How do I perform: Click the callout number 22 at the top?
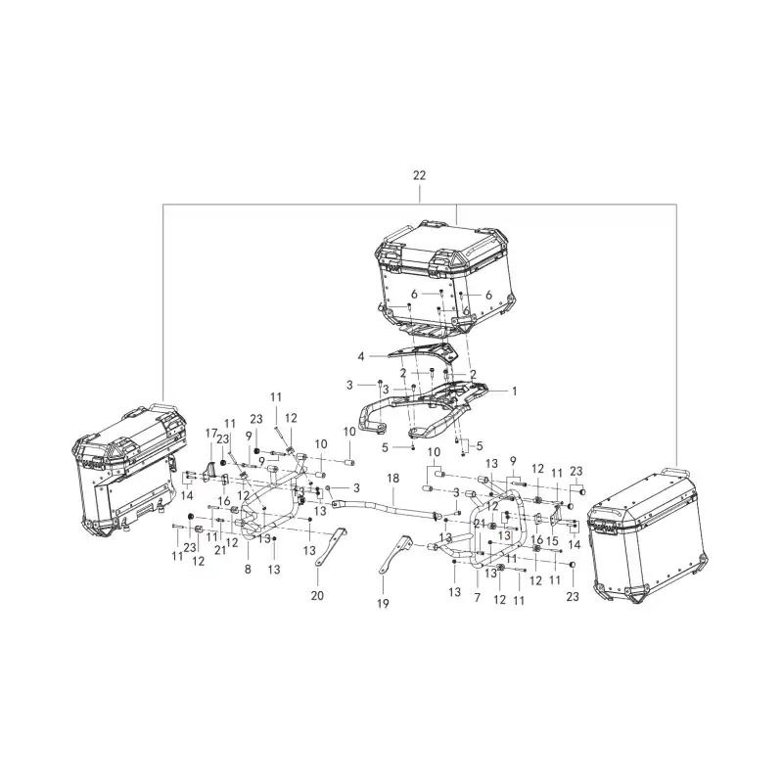(419, 175)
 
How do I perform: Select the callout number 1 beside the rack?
(515, 391)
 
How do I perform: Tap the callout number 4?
(361, 356)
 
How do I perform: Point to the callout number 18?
(393, 478)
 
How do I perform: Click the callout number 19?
(383, 604)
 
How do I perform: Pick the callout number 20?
(317, 595)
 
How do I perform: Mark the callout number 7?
(478, 597)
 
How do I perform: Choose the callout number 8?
(248, 569)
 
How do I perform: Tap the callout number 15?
(552, 541)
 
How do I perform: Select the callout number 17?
(211, 433)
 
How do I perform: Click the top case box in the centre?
(444, 278)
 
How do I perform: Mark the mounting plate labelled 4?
(423, 350)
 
